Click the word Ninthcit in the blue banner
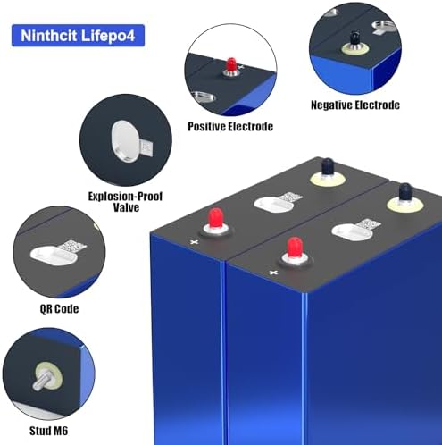coord(48,36)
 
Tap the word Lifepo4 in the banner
coord(108,36)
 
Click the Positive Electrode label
coord(230,127)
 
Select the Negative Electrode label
coord(355,105)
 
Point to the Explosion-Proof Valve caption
coord(125,202)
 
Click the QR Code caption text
coord(59,309)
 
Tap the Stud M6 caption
coord(48,431)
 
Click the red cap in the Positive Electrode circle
coord(231,64)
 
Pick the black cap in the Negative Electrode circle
coord(354,38)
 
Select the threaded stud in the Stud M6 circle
coord(41,380)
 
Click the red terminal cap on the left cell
coord(216,219)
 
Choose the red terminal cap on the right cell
coord(295,248)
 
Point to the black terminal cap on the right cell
coord(405,194)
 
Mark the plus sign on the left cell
coord(194,242)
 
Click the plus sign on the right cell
coord(273,273)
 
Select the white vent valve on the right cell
coord(352,232)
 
